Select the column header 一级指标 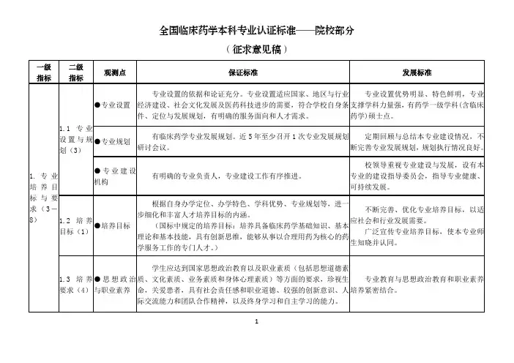pyautogui.click(x=43, y=72)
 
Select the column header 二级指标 pyautogui.click(x=75, y=72)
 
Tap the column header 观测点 pyautogui.click(x=115, y=72)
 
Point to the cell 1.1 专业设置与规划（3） pyautogui.click(x=75, y=140)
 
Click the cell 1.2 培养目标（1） pyautogui.click(x=75, y=226)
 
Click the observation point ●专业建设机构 pyautogui.click(x=115, y=176)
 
